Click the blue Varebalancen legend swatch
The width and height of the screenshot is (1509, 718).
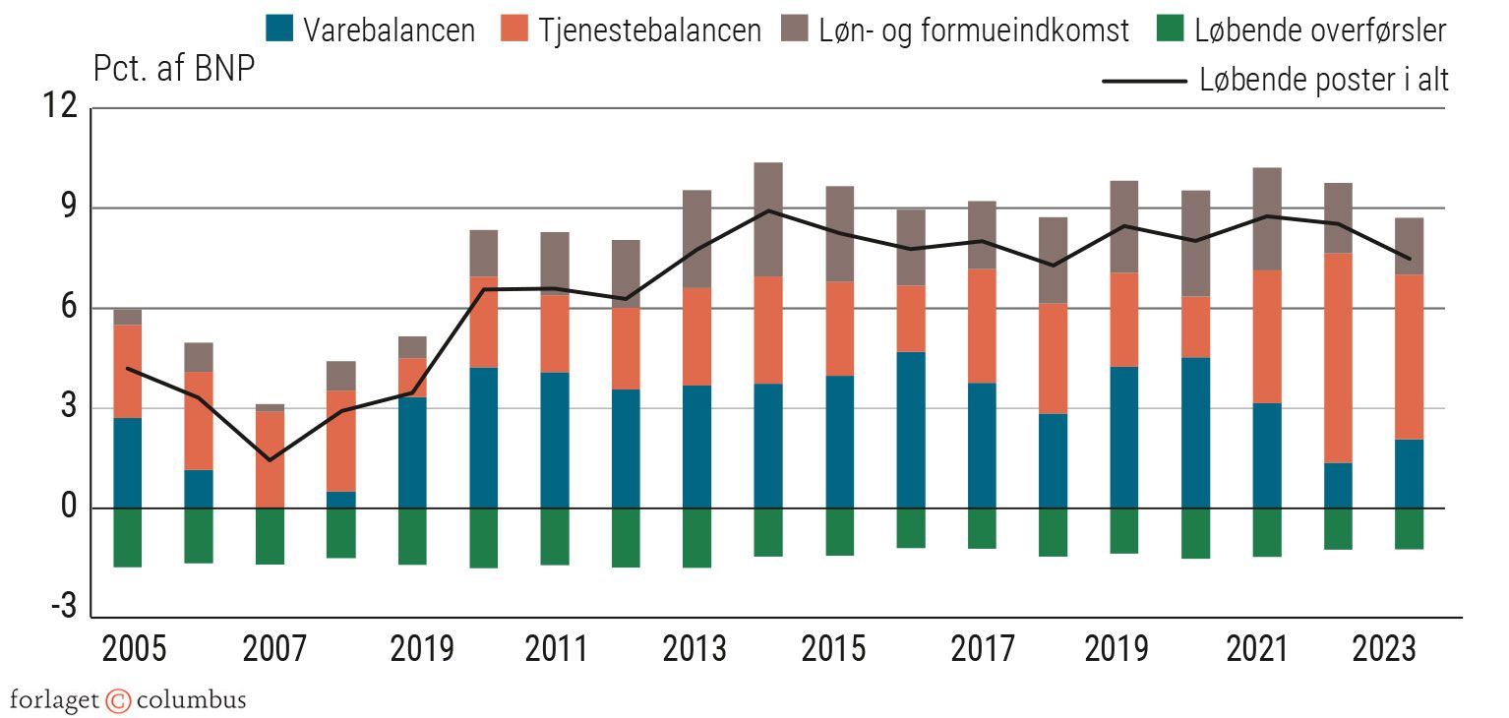(279, 30)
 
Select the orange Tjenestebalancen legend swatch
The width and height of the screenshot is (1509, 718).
(513, 30)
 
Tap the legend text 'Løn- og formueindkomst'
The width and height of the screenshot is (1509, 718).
(974, 30)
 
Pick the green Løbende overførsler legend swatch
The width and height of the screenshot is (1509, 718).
(1171, 30)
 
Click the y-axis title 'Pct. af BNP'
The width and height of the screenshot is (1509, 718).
(174, 70)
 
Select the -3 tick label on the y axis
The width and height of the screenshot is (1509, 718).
(62, 608)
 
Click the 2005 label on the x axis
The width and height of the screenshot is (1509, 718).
(135, 650)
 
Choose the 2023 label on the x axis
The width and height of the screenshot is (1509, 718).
(1384, 650)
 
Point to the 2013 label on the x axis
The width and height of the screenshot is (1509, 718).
(695, 650)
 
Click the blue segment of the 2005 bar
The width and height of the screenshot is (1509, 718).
(127, 462)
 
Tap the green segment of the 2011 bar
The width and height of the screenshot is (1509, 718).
(555, 536)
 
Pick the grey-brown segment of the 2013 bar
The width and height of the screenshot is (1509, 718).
(696, 238)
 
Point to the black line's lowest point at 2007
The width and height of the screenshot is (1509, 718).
(270, 459)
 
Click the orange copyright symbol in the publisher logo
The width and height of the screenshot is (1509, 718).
(118, 701)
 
